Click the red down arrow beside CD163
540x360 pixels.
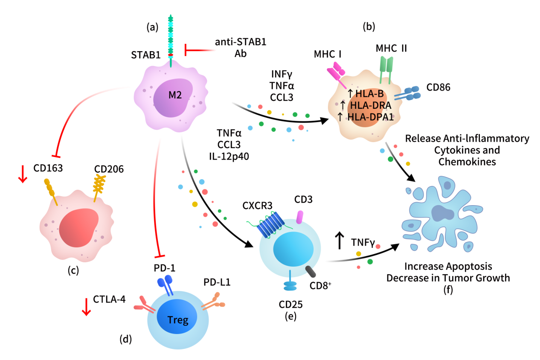click(23, 176)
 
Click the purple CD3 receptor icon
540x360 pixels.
click(300, 218)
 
